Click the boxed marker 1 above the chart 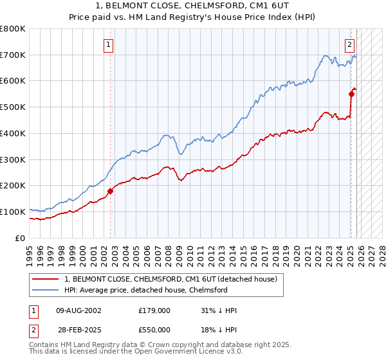[108, 45]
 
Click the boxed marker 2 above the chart [349, 45]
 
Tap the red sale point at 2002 [110, 191]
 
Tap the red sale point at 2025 [352, 94]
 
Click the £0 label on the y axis [21, 238]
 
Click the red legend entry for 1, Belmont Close [170, 279]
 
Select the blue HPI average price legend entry [145, 290]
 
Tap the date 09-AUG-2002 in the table [78, 310]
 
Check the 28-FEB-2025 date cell [78, 330]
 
